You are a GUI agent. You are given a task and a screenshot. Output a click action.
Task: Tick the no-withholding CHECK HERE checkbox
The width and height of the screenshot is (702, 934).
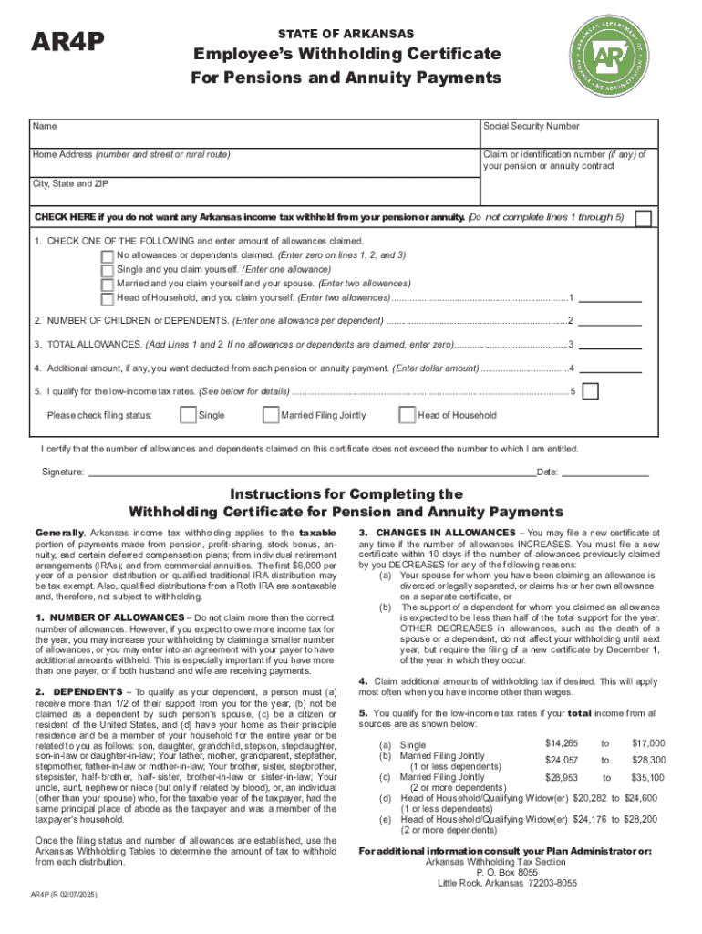[x=644, y=218]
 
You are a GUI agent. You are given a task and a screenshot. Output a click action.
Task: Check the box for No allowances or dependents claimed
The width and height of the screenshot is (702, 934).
[x=108, y=256]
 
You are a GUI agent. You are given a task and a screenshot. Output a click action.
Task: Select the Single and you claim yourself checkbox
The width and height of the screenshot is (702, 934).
[x=108, y=270]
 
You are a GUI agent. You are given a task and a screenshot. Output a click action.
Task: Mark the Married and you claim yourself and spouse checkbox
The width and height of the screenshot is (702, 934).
[x=108, y=284]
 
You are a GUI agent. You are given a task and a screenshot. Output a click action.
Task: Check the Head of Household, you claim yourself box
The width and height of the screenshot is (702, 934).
[x=108, y=297]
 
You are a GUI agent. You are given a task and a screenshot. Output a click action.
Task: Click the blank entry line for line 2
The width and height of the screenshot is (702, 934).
[x=611, y=322]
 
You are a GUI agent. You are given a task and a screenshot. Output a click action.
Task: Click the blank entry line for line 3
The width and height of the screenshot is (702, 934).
[x=611, y=346]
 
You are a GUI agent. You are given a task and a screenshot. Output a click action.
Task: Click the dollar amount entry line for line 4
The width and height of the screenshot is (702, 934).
[x=611, y=369]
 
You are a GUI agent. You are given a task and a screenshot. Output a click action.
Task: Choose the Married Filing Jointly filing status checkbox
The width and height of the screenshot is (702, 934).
[x=270, y=415]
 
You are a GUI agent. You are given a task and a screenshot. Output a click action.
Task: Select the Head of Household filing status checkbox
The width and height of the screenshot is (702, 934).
[x=407, y=415]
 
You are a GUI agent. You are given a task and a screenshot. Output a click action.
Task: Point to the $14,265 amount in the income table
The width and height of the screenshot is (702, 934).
[x=561, y=743]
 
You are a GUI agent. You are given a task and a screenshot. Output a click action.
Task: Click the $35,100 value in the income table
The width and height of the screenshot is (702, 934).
[x=648, y=778]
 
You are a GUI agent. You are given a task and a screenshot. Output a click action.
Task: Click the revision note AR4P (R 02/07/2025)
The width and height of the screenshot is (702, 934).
[x=64, y=895]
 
